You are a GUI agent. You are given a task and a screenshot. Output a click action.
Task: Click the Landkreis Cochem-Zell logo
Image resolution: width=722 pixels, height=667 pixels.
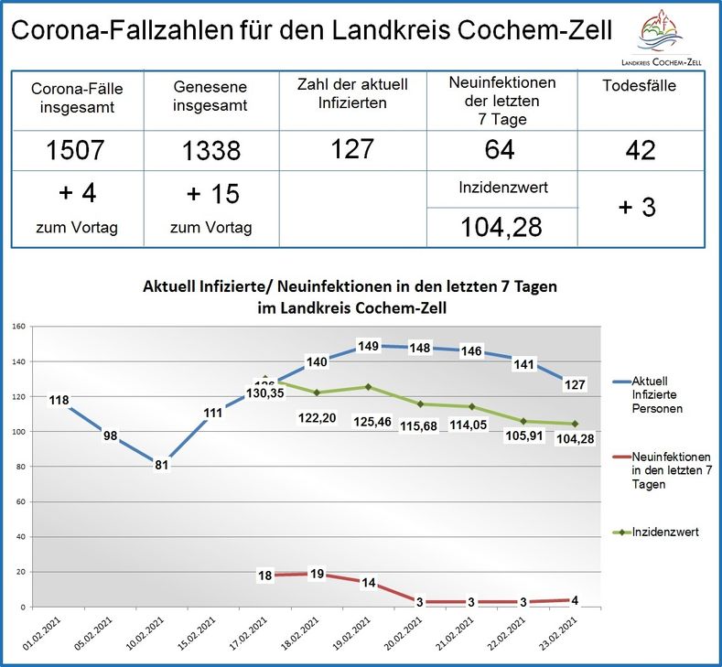(669, 36)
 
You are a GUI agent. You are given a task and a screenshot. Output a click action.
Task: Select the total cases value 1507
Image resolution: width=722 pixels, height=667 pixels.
(77, 150)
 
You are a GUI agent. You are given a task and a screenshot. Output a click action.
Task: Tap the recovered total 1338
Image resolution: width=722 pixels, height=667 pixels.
(210, 150)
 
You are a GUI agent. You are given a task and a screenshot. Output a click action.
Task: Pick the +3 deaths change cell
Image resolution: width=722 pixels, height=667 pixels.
(638, 207)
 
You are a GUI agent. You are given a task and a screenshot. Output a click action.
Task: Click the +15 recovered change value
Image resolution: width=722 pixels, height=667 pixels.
(210, 194)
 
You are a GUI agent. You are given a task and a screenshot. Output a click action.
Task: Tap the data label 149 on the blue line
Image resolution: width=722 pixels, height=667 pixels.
(369, 346)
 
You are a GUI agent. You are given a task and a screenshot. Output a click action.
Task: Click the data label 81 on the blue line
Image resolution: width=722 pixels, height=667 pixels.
(160, 465)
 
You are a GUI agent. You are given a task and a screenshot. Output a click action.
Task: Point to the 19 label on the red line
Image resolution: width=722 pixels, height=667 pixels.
(318, 574)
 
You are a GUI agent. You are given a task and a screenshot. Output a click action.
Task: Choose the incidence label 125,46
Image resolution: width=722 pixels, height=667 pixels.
(369, 425)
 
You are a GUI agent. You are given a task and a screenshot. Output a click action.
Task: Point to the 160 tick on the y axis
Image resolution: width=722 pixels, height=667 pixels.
(18, 326)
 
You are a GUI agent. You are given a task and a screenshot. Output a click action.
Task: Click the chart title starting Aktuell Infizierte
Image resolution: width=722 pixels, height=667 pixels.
(350, 296)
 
